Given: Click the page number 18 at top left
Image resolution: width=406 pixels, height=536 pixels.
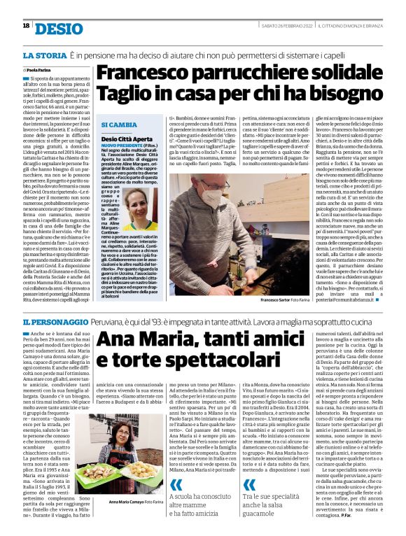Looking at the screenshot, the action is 26,25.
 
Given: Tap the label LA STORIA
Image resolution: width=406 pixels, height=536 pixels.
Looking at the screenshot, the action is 43,55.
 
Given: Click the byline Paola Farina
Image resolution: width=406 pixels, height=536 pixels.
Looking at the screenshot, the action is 40,71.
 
